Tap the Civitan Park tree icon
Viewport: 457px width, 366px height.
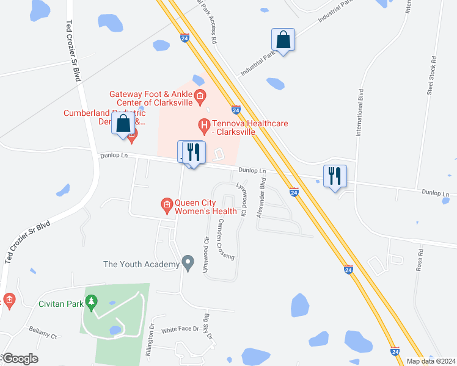(x=92, y=301)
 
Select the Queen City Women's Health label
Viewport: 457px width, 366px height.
(x=205, y=207)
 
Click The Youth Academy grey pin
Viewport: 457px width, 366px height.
(x=188, y=264)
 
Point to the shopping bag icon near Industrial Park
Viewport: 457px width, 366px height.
(x=283, y=40)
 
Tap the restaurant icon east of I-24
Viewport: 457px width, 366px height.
(x=335, y=176)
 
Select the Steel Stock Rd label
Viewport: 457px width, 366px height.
(x=432, y=76)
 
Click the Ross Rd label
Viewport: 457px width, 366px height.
(x=420, y=260)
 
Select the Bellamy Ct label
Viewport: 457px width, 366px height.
(x=42, y=336)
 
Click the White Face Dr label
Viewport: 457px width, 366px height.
(x=180, y=329)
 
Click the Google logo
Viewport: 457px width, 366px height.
(x=21, y=359)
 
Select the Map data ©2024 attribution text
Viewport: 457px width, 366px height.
(x=431, y=361)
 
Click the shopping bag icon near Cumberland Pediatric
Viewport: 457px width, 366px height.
(x=123, y=123)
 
